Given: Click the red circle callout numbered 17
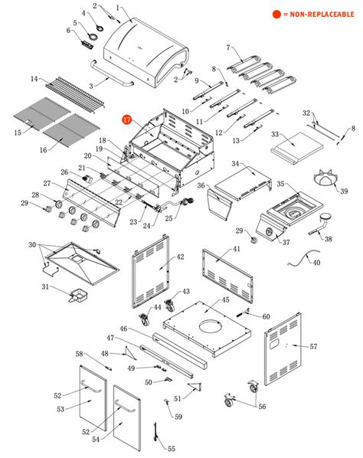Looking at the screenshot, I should (127, 120).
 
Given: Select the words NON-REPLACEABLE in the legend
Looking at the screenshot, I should (321, 15).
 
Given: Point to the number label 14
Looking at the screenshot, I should (34, 79).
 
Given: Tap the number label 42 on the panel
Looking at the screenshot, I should (181, 257).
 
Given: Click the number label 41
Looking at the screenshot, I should (237, 250).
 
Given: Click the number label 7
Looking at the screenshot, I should (227, 47).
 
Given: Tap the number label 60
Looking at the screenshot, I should (266, 316).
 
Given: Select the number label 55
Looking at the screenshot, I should (172, 448).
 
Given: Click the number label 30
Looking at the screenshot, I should (32, 245).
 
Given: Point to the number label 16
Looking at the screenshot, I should (43, 150).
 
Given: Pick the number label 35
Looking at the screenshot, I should (281, 185).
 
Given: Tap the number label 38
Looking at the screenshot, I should (329, 239).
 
